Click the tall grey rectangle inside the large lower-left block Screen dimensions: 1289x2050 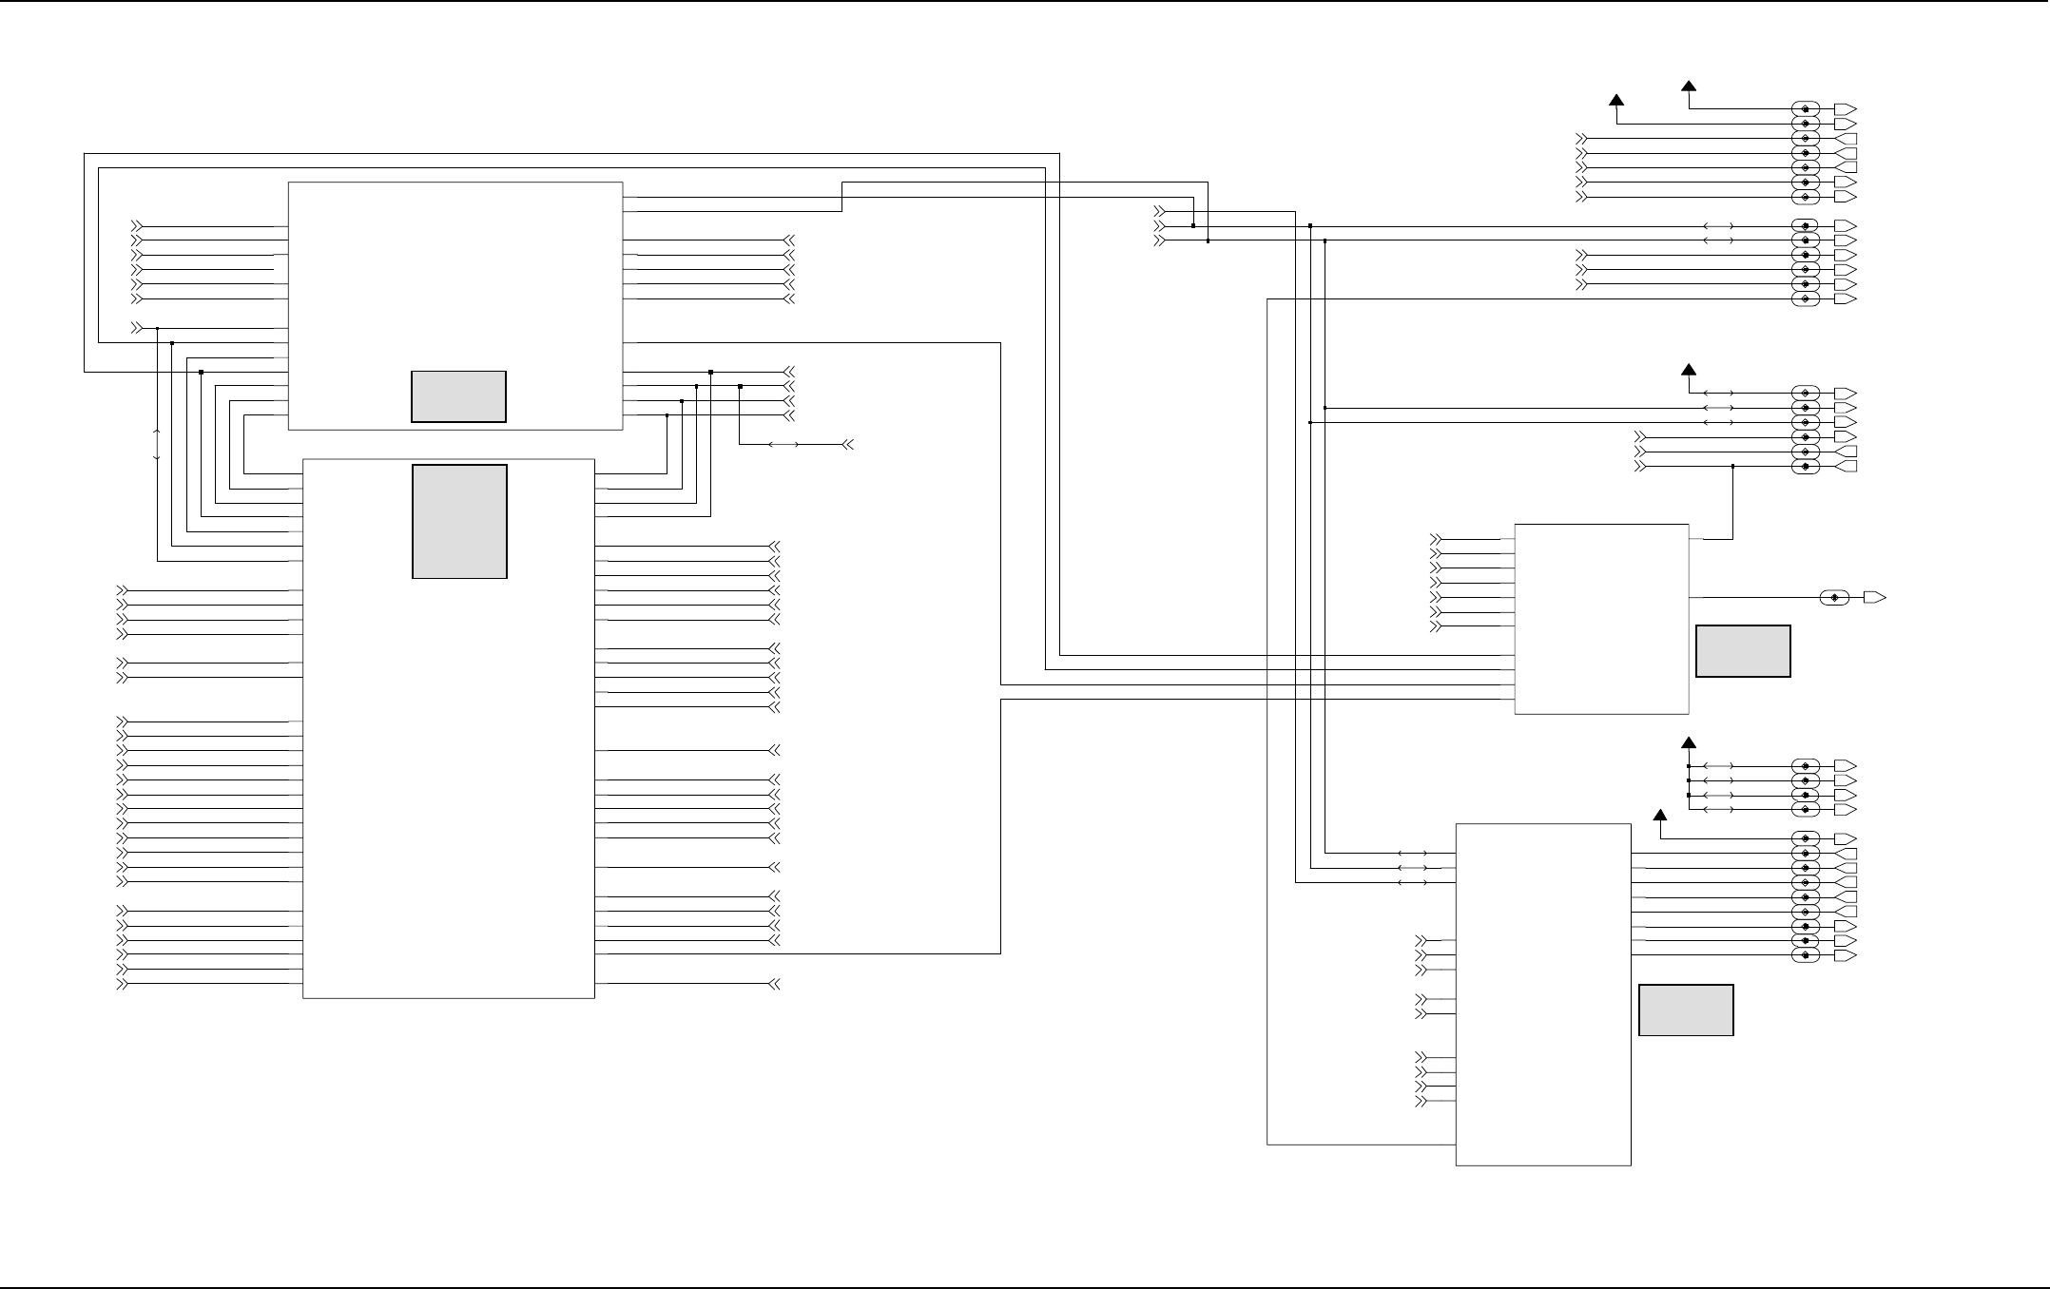coord(459,521)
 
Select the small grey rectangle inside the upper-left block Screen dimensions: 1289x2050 coord(458,396)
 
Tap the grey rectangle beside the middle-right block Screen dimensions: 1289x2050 coord(1743,651)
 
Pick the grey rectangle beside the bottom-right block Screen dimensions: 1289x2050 coord(1686,1010)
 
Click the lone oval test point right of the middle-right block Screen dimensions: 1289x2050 coord(1834,597)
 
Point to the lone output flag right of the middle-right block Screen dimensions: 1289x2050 coord(1874,597)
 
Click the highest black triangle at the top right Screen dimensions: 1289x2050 coord(1689,87)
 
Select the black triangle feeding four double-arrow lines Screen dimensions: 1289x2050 coord(1689,742)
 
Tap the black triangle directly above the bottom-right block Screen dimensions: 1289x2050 coord(1660,815)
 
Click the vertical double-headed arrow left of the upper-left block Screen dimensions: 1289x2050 coord(157,445)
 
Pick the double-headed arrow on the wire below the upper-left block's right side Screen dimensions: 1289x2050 coord(783,444)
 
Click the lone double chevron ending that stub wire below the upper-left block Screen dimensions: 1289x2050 coord(848,444)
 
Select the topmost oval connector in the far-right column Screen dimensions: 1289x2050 coord(1806,109)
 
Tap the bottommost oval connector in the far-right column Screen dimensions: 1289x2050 coord(1806,955)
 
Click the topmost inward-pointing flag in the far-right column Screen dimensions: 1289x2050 coord(1845,139)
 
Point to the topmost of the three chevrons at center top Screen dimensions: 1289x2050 coord(1158,211)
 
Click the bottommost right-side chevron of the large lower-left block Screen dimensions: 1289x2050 coord(773,984)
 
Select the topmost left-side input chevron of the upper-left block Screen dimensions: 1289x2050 coord(137,226)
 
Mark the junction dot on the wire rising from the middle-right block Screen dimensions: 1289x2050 coord(1732,466)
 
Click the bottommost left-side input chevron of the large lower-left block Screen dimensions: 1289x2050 coord(122,984)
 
